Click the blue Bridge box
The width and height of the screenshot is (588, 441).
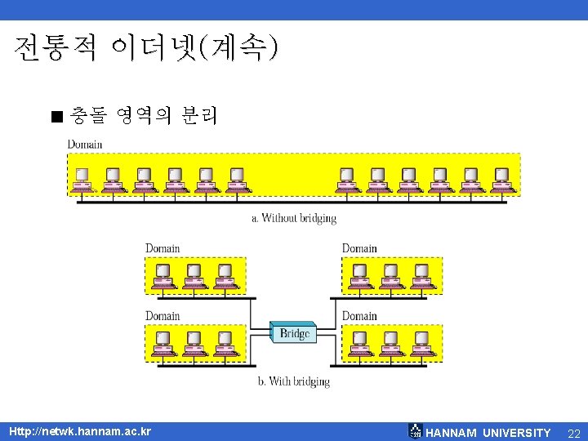(294, 333)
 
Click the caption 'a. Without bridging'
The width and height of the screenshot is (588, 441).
(294, 218)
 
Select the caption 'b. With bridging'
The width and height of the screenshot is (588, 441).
(294, 381)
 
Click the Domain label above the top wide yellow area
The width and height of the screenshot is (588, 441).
(85, 145)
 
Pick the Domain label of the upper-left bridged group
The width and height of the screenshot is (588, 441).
(163, 248)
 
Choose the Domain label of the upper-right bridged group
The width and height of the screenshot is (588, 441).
(359, 248)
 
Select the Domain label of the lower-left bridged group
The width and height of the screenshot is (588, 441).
(163, 316)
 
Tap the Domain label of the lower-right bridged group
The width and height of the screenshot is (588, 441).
(359, 316)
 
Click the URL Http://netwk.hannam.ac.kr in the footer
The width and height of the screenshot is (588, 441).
(79, 430)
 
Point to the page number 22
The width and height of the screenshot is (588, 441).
(573, 432)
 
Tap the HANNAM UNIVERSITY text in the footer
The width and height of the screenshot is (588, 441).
(488, 432)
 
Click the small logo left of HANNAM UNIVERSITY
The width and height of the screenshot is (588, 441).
(415, 430)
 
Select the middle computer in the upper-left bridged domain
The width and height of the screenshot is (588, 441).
(194, 275)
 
